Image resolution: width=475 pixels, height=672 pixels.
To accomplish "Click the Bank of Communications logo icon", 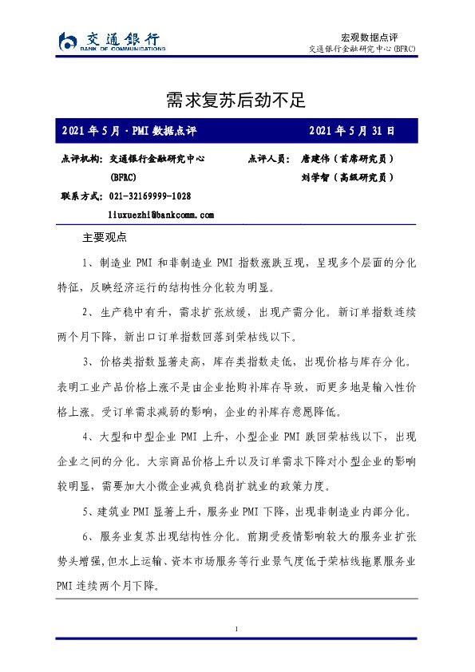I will tap(69, 41).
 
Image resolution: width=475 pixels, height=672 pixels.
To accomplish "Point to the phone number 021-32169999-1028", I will tap(149, 196).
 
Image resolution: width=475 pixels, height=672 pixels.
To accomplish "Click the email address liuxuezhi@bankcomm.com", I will tap(161, 215).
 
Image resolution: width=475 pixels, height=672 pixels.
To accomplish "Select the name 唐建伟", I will tap(318, 159).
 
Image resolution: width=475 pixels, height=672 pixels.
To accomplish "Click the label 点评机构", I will tap(81, 159).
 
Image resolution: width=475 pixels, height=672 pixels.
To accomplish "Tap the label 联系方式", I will tap(81, 196).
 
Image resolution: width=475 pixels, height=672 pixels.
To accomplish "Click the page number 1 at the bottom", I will tap(237, 630).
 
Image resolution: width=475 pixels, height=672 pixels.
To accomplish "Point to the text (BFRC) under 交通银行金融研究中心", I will tap(123, 178).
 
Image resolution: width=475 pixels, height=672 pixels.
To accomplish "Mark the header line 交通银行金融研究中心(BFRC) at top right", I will tap(362, 49).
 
